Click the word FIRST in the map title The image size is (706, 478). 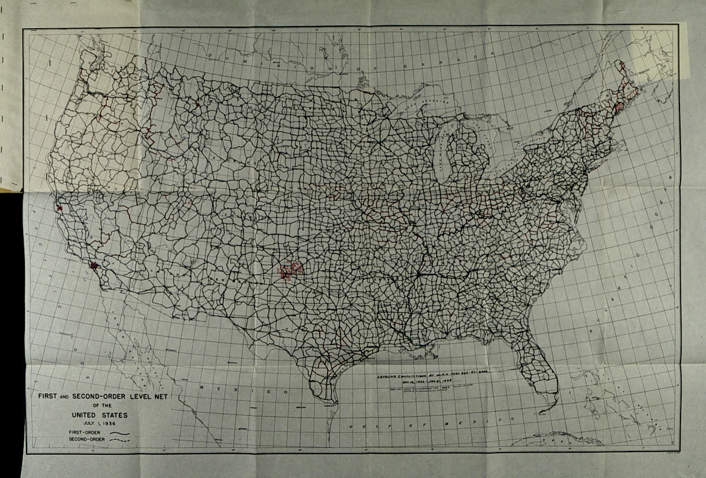(x=46, y=396)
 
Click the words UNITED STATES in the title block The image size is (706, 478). (x=99, y=414)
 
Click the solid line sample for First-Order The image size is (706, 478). (x=118, y=432)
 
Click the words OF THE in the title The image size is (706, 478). (x=100, y=406)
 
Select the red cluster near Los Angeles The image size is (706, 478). (x=94, y=266)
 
